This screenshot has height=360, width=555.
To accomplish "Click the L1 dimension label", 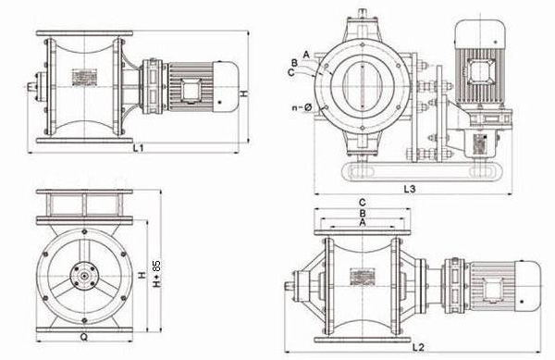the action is point(138,148).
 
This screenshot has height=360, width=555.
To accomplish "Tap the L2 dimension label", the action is point(418,347).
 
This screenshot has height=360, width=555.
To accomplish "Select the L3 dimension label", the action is point(410,189).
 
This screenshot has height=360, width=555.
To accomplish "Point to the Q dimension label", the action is point(83,338).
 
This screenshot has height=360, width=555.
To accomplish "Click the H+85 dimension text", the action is point(156,274).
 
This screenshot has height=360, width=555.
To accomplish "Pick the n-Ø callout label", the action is point(302,107).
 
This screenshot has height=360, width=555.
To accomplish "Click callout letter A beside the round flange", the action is point(306,55).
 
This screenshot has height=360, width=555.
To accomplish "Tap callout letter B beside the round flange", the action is point(294,63).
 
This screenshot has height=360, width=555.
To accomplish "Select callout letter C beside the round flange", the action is point(291,72).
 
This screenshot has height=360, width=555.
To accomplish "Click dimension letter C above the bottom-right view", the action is point(362,203).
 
